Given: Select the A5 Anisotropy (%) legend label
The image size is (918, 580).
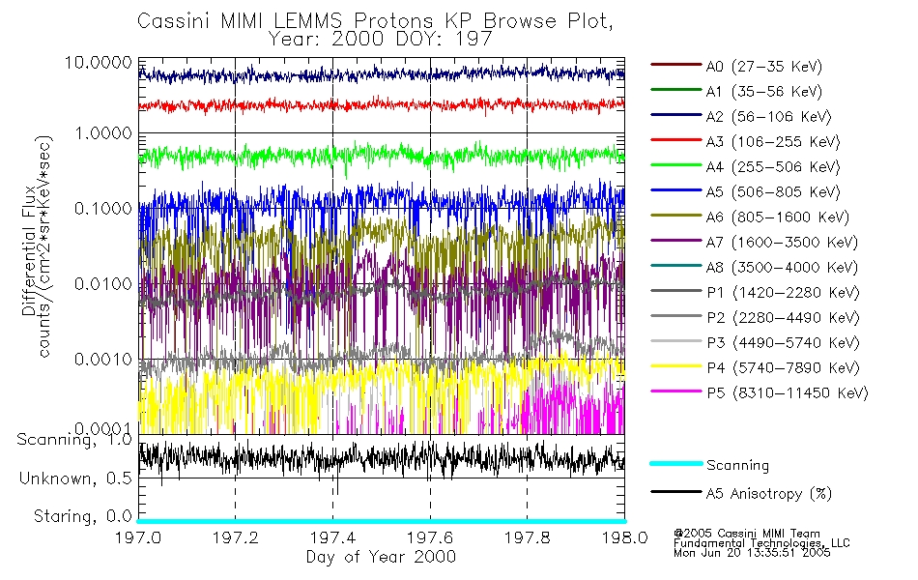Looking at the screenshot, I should click(x=769, y=494).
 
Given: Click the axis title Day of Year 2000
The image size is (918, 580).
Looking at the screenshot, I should click(x=381, y=557).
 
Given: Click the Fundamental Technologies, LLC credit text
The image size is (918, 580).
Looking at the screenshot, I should click(x=762, y=543).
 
